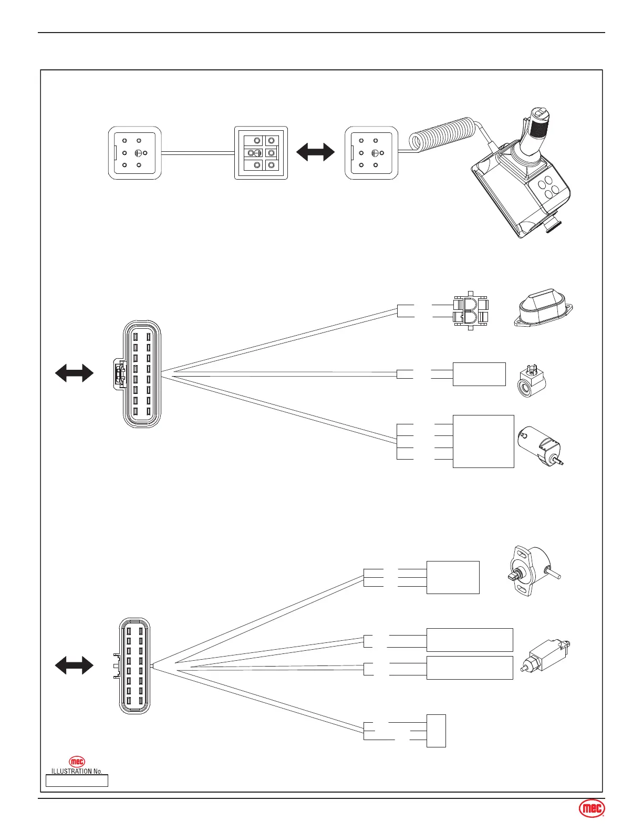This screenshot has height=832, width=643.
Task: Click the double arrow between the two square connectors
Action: point(315,152)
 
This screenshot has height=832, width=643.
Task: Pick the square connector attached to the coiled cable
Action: point(371,153)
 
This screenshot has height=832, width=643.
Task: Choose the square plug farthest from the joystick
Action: point(134,153)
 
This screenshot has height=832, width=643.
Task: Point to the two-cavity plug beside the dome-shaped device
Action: point(471,311)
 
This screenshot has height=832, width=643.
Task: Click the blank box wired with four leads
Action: point(483,441)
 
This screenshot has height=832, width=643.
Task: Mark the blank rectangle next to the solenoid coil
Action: point(479,374)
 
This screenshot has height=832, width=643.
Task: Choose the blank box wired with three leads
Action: point(453,577)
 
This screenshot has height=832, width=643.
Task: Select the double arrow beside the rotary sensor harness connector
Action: point(74,665)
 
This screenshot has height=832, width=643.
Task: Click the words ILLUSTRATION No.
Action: point(77,771)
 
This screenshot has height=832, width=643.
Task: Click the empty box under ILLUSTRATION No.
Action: point(77,781)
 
